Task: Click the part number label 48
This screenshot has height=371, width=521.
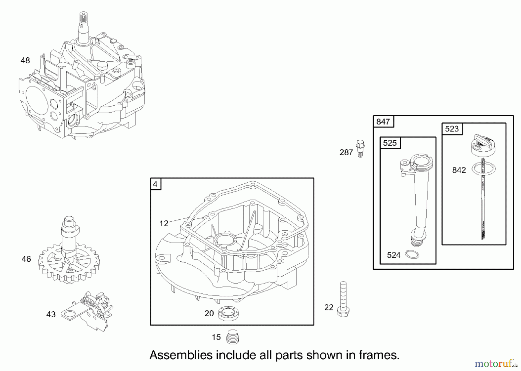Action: (x=25, y=60)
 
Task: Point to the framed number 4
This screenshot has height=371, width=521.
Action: (x=155, y=184)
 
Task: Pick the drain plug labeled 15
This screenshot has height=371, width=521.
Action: (x=233, y=337)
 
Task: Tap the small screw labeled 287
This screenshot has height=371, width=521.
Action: (x=360, y=148)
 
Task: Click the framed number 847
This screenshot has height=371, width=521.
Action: (x=383, y=122)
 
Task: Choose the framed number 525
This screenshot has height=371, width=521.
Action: (x=390, y=143)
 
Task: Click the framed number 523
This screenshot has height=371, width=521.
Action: (x=452, y=129)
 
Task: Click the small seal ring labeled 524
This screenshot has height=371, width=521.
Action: (x=412, y=255)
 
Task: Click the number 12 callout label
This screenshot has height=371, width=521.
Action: (x=164, y=223)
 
